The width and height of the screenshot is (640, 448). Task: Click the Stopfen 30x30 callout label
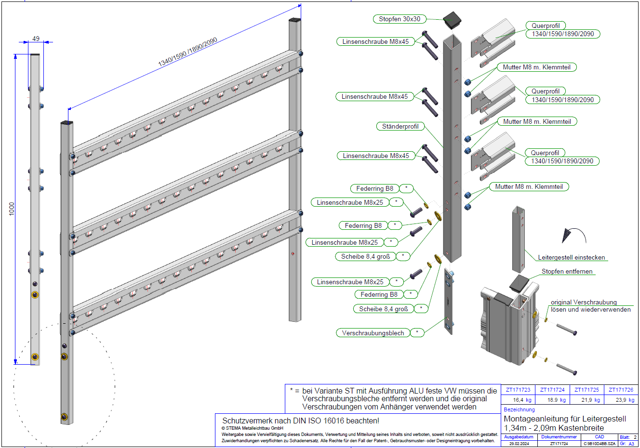click(x=400, y=19)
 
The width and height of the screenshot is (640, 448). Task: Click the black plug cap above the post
click(x=453, y=20)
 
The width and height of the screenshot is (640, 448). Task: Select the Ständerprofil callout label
click(x=400, y=127)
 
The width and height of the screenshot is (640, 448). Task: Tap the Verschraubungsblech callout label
click(x=373, y=333)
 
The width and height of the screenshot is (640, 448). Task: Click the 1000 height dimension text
click(x=12, y=209)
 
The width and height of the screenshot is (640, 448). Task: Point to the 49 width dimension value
click(x=36, y=39)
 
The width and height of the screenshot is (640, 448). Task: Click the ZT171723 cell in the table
click(x=518, y=390)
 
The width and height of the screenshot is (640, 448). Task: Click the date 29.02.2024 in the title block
click(x=519, y=444)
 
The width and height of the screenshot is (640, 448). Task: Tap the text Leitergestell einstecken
click(x=571, y=258)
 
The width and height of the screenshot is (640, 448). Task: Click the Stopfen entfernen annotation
click(x=567, y=272)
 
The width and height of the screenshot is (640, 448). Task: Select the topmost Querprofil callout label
click(x=546, y=26)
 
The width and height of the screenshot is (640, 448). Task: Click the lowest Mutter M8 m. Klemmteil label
click(x=529, y=187)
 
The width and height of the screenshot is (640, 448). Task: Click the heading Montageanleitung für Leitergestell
click(x=565, y=419)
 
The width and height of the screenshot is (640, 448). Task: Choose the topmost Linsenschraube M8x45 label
click(x=375, y=42)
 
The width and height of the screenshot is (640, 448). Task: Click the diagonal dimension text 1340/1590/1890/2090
click(x=188, y=52)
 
